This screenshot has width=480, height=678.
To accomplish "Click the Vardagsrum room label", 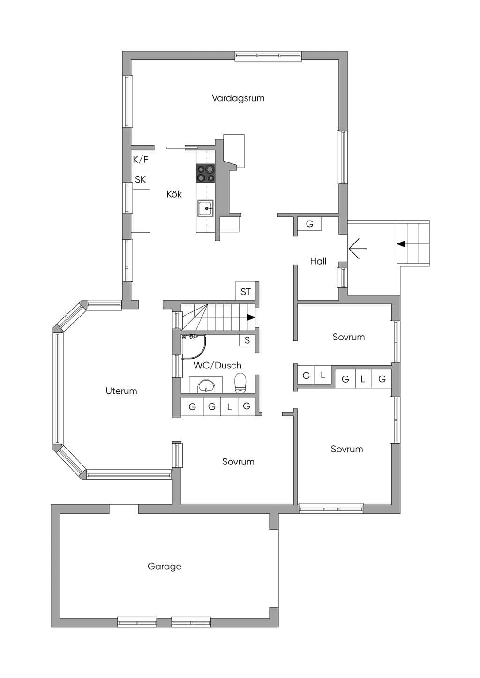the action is point(238,98).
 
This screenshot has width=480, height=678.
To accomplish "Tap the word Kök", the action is point(174,194).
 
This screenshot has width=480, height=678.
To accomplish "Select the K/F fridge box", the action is point(141,160).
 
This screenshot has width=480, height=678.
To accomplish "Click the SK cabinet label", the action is point(140,179).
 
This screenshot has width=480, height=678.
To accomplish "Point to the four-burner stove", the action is point(206,173).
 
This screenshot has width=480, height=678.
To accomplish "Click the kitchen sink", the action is point(206,208).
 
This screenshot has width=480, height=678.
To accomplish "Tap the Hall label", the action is point(318,261).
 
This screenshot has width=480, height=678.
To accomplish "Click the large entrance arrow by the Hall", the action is point(358,249).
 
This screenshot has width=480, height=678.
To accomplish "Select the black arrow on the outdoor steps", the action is point(401,243).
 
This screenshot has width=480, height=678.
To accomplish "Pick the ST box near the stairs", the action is point(246,291).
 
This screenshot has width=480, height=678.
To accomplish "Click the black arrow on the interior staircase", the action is point(251,317).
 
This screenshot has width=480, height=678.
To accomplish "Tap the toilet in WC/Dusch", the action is point(240,383).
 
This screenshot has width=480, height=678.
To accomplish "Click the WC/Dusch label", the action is point(217,365).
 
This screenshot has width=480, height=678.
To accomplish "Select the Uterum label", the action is point(121,391).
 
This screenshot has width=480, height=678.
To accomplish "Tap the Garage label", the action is point(164,566).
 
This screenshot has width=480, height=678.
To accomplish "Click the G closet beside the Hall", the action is point(309,224).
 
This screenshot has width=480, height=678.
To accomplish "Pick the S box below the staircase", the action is point(247,340).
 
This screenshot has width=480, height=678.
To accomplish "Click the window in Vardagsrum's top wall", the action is point(268,56).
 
